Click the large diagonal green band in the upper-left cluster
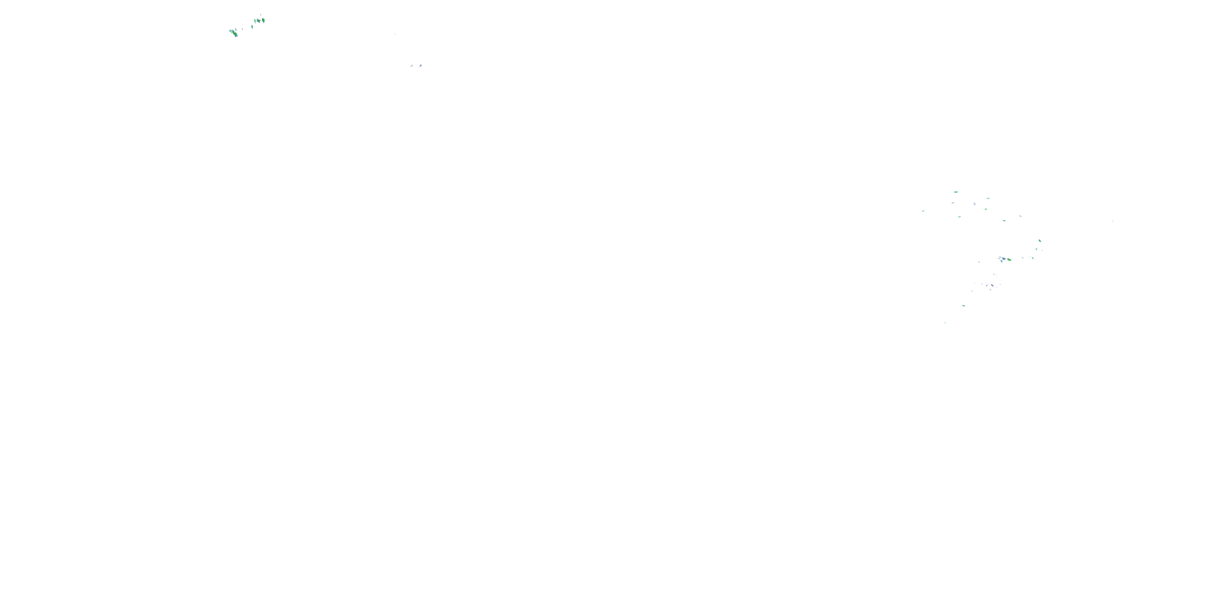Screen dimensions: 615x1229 [234, 33]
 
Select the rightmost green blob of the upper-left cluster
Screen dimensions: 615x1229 [263, 20]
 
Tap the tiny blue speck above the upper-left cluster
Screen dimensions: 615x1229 [261, 15]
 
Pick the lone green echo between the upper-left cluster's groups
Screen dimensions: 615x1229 [252, 27]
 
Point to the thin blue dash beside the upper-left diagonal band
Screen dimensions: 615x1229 [243, 29]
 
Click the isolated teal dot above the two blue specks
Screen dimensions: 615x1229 [395, 34]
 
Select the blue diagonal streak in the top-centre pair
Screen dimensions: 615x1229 [411, 66]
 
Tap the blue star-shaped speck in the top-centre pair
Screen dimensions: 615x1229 [420, 66]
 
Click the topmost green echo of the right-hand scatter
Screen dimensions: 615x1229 [956, 192]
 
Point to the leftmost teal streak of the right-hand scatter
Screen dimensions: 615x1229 [923, 211]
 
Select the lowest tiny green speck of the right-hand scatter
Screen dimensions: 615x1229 [945, 323]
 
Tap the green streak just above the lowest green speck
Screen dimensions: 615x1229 [964, 305]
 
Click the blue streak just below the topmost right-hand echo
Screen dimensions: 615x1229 [953, 203]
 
